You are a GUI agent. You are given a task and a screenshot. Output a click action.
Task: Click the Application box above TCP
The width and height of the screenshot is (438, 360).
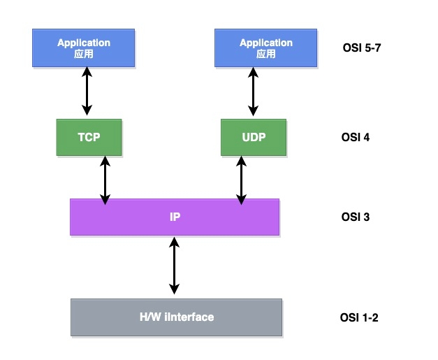[x=83, y=47]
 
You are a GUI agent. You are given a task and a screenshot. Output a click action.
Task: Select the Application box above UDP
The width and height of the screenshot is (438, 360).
[x=266, y=47]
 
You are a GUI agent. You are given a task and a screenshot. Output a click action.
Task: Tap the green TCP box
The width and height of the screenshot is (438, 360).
[x=88, y=137]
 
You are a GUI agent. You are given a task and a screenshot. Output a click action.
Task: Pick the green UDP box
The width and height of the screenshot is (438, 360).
[x=254, y=137]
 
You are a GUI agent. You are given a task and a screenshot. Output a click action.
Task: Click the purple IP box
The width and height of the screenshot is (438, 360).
[x=175, y=216]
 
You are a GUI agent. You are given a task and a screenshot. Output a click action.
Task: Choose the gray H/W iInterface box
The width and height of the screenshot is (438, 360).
[x=177, y=317]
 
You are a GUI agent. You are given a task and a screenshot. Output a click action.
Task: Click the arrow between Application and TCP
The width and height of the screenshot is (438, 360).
[x=87, y=91]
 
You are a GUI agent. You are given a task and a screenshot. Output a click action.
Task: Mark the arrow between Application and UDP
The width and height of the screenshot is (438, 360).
[x=253, y=91]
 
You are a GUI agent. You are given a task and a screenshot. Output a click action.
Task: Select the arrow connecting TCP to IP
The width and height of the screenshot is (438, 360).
[x=105, y=180]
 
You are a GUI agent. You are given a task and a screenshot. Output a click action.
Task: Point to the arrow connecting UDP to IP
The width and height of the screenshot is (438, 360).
[x=242, y=180]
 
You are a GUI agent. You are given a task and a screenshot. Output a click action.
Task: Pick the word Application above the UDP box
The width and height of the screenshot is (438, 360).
[x=266, y=43]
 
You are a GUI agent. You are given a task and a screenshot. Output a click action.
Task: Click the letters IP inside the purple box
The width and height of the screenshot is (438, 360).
[x=175, y=216]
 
